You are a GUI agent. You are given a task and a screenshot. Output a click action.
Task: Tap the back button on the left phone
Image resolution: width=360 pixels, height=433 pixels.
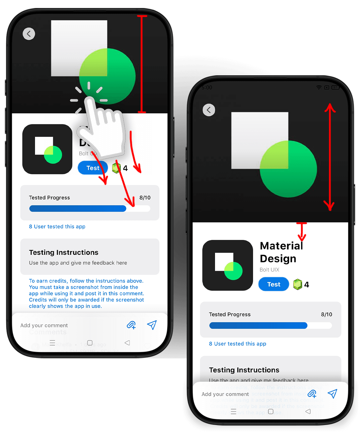tap(29, 34)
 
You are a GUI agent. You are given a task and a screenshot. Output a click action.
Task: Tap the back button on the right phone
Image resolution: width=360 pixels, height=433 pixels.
tap(209, 110)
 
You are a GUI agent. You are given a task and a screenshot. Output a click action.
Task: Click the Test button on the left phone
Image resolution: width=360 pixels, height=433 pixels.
tap(93, 168)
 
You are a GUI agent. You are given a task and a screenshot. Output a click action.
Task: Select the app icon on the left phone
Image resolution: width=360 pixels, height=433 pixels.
tap(47, 149)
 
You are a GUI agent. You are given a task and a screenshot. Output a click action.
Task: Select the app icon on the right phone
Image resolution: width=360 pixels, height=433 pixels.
tap(228, 265)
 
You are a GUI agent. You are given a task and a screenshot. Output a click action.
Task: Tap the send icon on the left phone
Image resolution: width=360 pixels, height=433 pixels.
tap(152, 325)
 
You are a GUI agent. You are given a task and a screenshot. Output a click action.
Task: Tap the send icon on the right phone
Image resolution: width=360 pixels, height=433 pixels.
tap(332, 394)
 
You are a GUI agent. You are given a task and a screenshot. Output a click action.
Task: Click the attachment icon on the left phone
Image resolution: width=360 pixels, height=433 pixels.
tap(131, 325)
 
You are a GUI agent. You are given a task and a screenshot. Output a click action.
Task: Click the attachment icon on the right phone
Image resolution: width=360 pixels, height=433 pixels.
tap(312, 394)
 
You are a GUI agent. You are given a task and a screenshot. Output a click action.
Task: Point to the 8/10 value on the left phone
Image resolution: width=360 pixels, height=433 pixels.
tap(145, 198)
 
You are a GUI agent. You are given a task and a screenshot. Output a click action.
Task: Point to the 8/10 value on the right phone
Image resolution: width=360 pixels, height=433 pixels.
tap(326, 314)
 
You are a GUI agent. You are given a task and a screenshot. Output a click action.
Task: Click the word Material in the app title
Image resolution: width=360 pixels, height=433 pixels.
tap(281, 246)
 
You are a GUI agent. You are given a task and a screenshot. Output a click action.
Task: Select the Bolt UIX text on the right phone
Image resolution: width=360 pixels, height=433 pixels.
tap(269, 270)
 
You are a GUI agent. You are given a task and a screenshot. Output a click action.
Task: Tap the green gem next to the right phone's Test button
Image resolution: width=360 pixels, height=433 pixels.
tap(297, 284)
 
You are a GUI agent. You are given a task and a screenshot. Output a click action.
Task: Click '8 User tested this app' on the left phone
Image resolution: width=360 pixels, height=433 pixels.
tap(57, 226)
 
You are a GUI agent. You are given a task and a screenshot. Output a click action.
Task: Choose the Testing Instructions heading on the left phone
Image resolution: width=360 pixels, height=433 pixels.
tap(64, 252)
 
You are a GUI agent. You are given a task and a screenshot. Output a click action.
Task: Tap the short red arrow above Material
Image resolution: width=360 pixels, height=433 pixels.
tap(302, 231)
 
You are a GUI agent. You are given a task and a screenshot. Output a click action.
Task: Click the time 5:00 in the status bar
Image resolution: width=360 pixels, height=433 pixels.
tap(207, 88)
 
